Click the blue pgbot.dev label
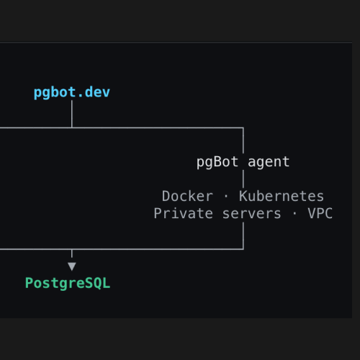(72, 93)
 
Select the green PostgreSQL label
(68, 284)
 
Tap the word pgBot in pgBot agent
(217, 162)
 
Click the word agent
(269, 162)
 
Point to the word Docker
(187, 196)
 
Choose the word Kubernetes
(282, 196)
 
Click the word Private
(184, 213)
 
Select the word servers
(251, 213)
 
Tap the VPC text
(320, 213)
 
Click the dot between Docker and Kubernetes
(226, 196)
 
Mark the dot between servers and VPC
(294, 213)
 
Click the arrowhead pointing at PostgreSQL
(72, 266)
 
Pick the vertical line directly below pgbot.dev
(72, 114)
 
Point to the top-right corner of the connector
(243, 128)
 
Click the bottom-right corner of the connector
(243, 249)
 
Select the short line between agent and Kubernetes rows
(243, 179)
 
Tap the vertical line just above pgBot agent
(243, 140)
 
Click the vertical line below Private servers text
(243, 235)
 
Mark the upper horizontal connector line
(122, 128)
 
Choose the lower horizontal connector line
(122, 249)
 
